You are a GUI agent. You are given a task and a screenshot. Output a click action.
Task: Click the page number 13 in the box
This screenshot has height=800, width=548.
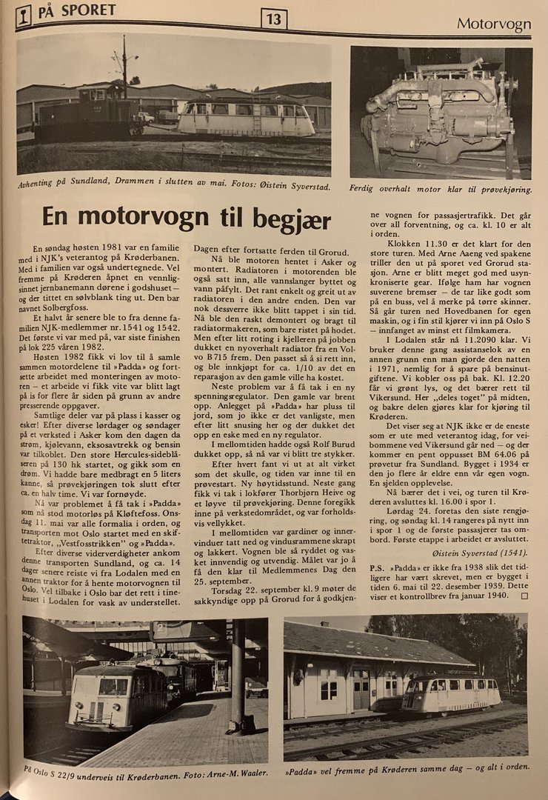tap(273, 19)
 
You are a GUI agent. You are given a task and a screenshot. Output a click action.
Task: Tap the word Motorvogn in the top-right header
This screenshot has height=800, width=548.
tap(493, 24)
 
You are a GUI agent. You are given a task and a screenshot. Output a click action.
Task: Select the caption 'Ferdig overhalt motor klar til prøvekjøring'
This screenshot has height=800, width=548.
tap(440, 189)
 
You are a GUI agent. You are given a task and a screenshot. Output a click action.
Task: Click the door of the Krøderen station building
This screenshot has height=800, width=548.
tap(361, 689)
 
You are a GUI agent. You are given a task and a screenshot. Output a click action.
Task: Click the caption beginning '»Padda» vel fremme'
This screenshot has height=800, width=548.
tap(407, 766)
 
